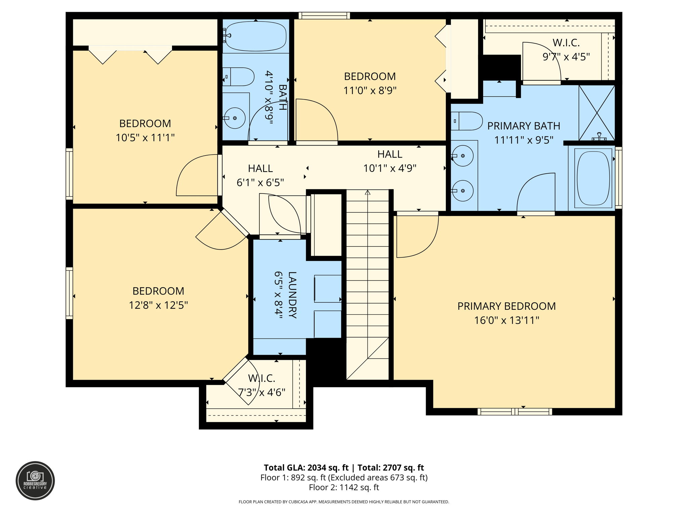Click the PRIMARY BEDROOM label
click(506, 306)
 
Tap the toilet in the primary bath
click(467, 121)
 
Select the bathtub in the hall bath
click(256, 36)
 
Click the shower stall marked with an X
click(597, 113)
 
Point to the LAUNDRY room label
click(292, 295)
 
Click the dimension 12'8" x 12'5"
click(158, 305)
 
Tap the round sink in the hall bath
click(234, 118)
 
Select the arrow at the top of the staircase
click(368, 193)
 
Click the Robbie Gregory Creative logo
click(35, 480)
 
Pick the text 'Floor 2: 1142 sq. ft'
click(344, 487)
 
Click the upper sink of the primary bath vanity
click(463, 156)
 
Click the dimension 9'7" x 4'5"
click(566, 57)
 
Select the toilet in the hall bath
click(239, 77)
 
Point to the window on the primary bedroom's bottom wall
click(514, 412)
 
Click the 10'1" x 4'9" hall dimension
click(390, 168)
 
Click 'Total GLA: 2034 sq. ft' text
click(306, 468)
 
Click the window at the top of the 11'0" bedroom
click(324, 15)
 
